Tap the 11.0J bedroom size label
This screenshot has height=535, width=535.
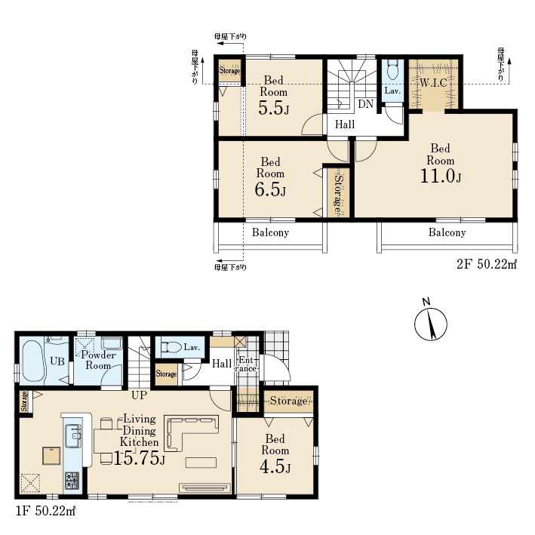[441, 176]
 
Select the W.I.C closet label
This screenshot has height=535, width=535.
[433, 83]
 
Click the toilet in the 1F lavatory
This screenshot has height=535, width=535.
[171, 347]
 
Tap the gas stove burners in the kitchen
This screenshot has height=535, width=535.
[72, 481]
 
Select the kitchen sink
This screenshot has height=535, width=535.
[73, 435]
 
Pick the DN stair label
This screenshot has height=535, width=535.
[365, 103]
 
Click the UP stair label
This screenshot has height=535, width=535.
[139, 395]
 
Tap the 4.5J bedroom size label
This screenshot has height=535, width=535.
[275, 467]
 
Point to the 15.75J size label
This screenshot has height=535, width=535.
[139, 458]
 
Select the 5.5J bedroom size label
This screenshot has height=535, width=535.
[274, 108]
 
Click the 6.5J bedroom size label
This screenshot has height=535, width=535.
[270, 189]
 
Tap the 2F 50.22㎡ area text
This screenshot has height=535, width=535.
[487, 264]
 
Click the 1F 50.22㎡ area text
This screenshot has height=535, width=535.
[45, 511]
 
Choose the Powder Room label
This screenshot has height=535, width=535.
[98, 360]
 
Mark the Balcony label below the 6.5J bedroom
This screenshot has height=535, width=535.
[271, 232]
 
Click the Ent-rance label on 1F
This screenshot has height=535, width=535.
[247, 364]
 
